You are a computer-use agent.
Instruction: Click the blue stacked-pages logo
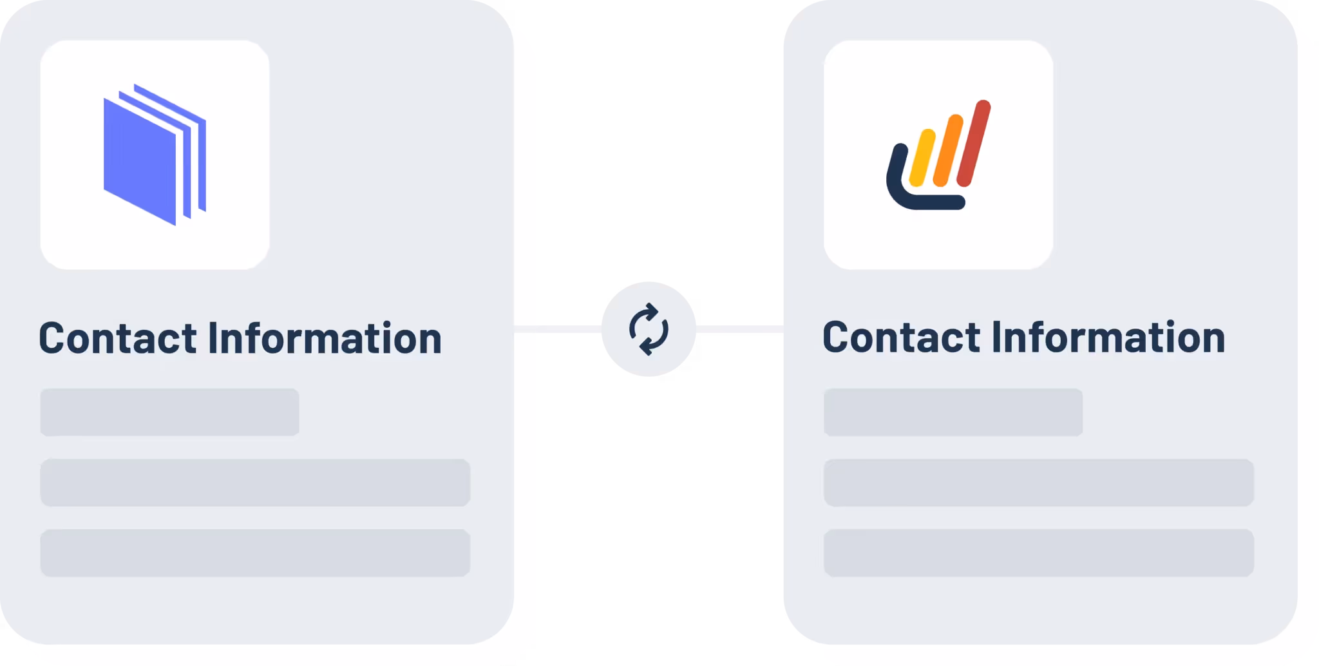point(155,155)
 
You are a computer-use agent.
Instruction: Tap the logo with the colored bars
point(938,155)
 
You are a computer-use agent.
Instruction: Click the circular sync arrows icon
point(648,329)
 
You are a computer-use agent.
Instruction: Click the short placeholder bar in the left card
point(169,412)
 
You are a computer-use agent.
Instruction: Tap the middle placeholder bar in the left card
point(255,482)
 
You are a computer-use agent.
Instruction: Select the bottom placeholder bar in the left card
point(255,553)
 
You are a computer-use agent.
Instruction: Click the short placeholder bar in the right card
point(953,412)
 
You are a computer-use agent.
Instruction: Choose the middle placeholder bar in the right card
point(1038,482)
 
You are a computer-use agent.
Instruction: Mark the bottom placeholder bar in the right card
point(1038,553)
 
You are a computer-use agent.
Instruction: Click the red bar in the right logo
point(973,143)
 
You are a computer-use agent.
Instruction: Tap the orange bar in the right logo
point(947,151)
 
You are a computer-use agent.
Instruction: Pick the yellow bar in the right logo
point(922,158)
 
